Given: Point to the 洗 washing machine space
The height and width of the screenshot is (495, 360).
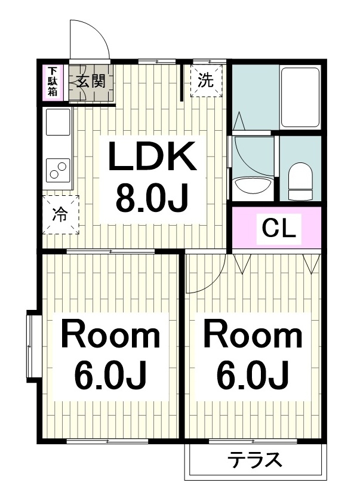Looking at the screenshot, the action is [x=207, y=81].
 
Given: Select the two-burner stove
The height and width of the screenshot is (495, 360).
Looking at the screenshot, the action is [x=59, y=170].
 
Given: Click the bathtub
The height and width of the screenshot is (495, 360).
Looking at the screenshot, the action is [x=300, y=97].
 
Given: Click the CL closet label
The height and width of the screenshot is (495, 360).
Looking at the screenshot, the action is [x=279, y=229].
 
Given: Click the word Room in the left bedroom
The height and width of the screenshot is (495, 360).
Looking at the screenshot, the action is [x=110, y=334].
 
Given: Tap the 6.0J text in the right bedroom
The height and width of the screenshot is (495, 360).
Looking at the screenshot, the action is [x=253, y=376].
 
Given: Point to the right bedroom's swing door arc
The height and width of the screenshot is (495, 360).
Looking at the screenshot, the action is [x=214, y=278].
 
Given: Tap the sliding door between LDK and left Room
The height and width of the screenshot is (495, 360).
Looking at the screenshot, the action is [x=110, y=251].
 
